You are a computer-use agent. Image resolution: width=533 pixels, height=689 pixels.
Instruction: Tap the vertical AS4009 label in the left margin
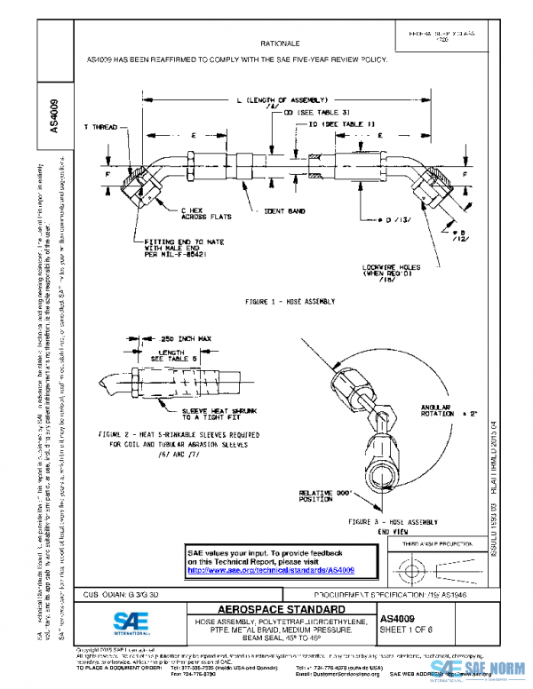pyautogui.click(x=56, y=115)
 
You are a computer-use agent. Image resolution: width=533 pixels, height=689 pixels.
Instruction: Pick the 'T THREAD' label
pyautogui.click(x=100, y=127)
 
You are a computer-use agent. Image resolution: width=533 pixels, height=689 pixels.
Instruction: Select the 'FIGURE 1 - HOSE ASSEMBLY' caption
pyautogui.click(x=290, y=302)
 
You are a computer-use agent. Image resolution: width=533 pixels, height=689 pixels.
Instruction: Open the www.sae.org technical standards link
pyautogui.click(x=271, y=570)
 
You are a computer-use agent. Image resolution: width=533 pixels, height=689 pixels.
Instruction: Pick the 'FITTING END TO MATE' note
pyautogui.click(x=186, y=249)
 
